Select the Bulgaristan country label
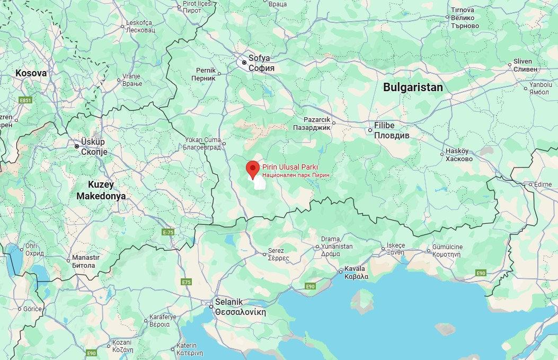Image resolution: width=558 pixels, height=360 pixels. tap(412, 87)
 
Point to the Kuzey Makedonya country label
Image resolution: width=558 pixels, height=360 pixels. tap(101, 190)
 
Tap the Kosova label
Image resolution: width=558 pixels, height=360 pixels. tap(31, 73)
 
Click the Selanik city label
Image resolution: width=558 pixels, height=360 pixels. tap(229, 302)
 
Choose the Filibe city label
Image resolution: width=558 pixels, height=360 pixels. tap(384, 126)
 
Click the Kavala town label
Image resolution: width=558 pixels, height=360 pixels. tap(355, 268)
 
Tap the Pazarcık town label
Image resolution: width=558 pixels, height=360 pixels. tap(317, 120)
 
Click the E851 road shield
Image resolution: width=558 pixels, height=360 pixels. tap(25, 100)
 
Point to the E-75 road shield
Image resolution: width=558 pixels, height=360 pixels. tap(168, 232)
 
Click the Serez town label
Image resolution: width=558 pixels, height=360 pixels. tap(276, 251)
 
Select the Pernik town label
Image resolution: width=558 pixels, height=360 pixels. tap(206, 71)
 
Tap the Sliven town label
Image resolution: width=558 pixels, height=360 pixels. tap(522, 62)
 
